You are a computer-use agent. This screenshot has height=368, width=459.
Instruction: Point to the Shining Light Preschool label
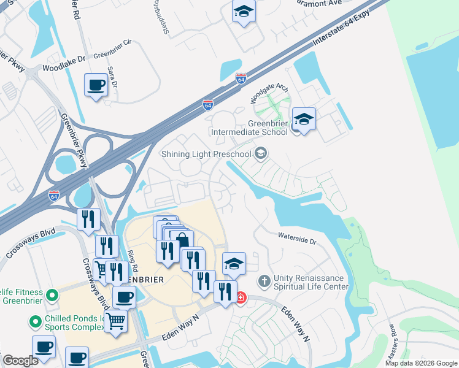click(x=206, y=153)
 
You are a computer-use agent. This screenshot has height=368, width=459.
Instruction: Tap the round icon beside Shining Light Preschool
click(x=261, y=153)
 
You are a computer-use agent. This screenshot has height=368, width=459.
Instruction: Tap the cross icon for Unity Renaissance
click(x=264, y=282)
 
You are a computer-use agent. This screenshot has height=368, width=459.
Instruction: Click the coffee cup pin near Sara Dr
click(x=96, y=85)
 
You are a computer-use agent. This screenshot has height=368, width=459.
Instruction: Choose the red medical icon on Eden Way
click(x=241, y=298)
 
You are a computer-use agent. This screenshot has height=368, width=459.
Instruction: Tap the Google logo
click(x=20, y=361)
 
